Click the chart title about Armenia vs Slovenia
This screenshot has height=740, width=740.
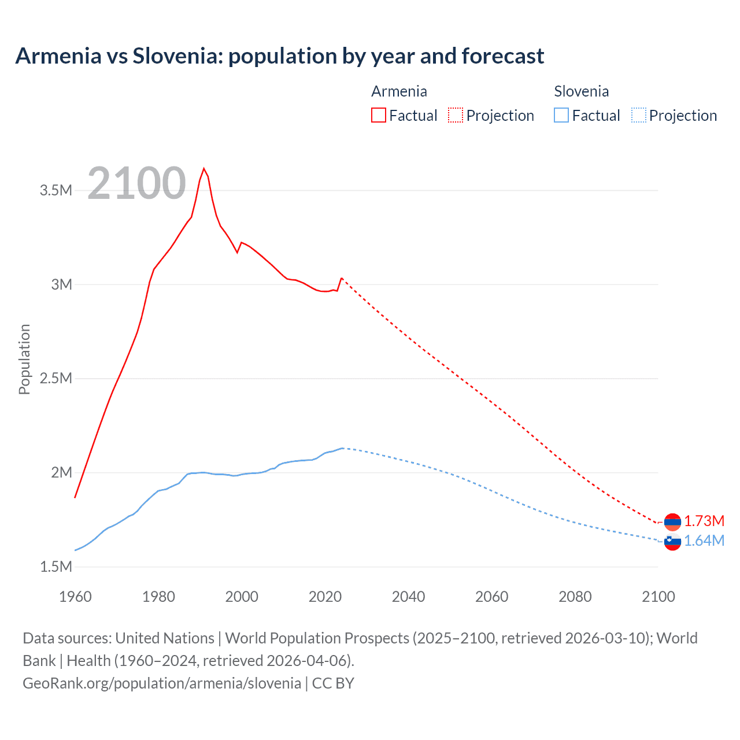(279, 56)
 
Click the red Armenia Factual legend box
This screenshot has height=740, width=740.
(378, 115)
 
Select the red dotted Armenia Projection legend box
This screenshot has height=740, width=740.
(456, 115)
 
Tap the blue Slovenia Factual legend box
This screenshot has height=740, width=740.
(561, 115)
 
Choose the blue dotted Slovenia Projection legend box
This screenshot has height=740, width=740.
(638, 115)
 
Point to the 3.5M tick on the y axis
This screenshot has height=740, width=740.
(55, 190)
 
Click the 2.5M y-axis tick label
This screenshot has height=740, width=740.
(55, 379)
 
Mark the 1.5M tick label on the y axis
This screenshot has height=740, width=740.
(55, 567)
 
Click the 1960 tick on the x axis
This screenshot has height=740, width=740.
(75, 597)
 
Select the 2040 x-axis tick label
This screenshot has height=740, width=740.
(408, 597)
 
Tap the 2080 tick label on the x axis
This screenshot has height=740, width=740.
(575, 597)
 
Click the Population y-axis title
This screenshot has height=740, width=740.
(24, 359)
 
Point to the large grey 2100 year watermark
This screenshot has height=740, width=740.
(136, 183)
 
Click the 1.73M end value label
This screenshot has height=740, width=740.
(704, 521)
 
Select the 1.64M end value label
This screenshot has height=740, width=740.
(704, 541)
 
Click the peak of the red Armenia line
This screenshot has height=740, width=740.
(203, 169)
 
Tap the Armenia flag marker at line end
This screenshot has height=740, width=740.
(672, 522)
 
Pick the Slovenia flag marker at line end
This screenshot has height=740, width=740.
(672, 542)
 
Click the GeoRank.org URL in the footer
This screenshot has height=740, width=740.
(162, 683)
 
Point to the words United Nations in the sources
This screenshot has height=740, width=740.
(165, 638)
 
